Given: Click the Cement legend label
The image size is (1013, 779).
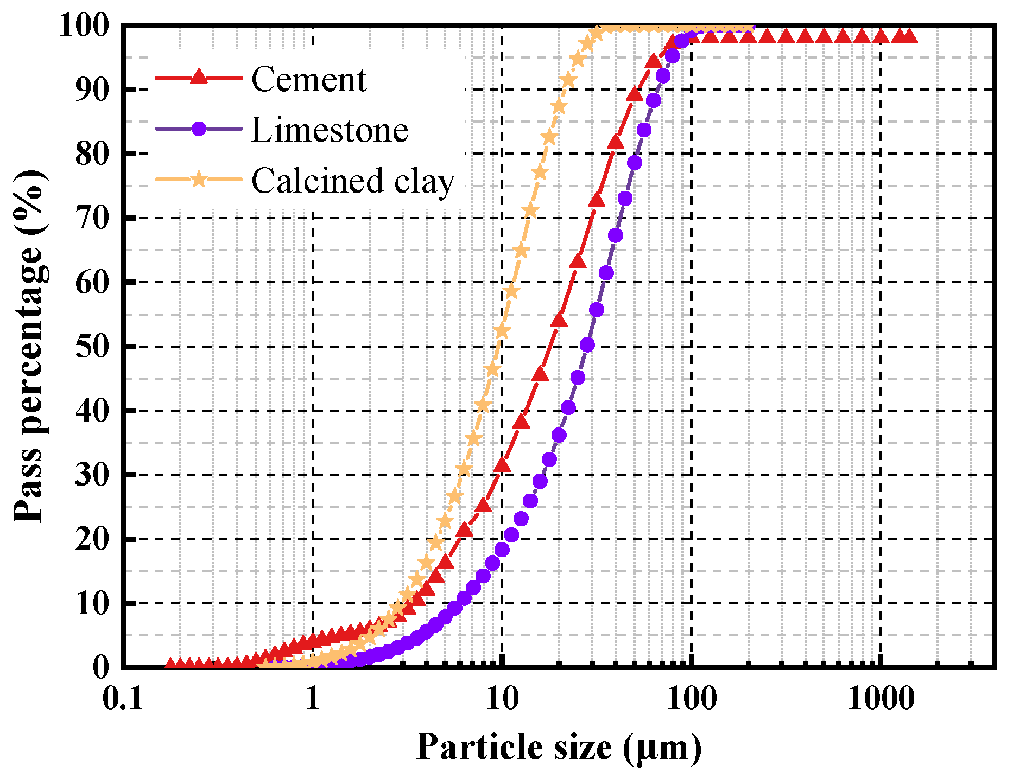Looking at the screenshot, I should (308, 80).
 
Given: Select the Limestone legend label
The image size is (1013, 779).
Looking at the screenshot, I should (329, 130).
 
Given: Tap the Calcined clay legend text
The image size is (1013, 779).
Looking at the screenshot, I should (352, 181).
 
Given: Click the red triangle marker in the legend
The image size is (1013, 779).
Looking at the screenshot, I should (199, 77).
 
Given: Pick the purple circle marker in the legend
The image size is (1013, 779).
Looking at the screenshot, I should (199, 129).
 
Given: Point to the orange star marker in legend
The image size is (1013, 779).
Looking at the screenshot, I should (199, 178).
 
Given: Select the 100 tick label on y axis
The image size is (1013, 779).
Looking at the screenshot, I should (84, 25).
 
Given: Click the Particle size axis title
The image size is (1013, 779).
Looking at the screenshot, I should (559, 748).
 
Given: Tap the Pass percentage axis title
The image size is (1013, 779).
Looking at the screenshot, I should (30, 346).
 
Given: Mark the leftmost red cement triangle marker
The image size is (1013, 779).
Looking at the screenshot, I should (170, 665).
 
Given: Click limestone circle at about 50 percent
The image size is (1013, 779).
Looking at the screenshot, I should (587, 345).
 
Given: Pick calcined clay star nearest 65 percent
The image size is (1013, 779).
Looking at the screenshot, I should (521, 251).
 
